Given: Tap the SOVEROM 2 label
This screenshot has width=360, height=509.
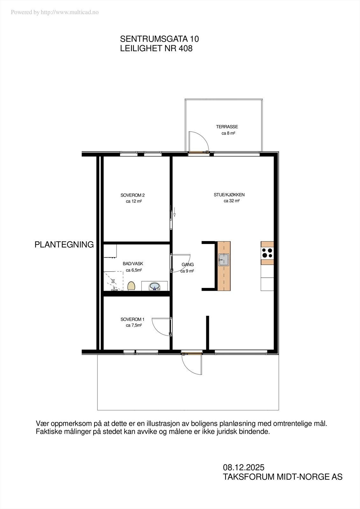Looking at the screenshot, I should pyautogui.click(x=132, y=195).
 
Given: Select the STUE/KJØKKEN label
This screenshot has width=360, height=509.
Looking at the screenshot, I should pyautogui.click(x=229, y=195).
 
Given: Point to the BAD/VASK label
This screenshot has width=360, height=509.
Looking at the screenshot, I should pyautogui.click(x=133, y=264).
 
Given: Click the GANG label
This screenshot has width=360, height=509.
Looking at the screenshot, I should pyautogui.click(x=188, y=265).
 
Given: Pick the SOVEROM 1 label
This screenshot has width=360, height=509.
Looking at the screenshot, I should pyautogui.click(x=132, y=319).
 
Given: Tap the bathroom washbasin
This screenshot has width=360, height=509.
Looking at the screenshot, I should pyautogui.click(x=155, y=286).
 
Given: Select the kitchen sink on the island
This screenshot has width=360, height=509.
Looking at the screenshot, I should pyautogui.click(x=224, y=260).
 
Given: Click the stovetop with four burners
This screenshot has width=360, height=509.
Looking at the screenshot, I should pyautogui.click(x=267, y=253).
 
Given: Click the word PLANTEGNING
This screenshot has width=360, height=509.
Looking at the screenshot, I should pyautogui.click(x=64, y=245).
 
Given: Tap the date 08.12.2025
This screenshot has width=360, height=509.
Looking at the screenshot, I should pyautogui.click(x=244, y=467).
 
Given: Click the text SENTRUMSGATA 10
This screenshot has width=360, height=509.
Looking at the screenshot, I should pyautogui.click(x=159, y=39).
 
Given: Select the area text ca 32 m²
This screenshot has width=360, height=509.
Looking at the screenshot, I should pyautogui.click(x=231, y=201).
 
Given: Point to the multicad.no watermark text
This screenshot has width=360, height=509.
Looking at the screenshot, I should pyautogui.click(x=55, y=12).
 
